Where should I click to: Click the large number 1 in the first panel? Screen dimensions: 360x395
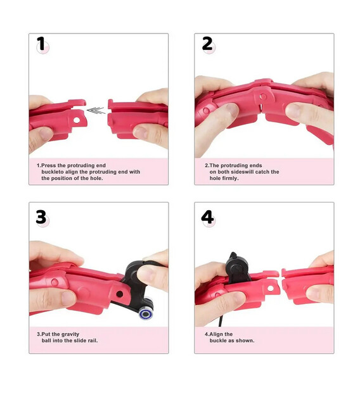click(x=41, y=44)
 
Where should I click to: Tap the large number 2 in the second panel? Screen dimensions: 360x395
click(x=207, y=44)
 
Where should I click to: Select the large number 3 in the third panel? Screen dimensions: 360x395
click(x=41, y=217)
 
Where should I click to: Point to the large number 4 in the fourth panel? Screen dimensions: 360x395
click(x=208, y=217)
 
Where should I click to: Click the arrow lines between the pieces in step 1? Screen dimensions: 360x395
click(x=96, y=110)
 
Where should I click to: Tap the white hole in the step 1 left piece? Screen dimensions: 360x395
click(x=77, y=120)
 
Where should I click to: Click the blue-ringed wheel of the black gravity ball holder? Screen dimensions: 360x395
click(x=146, y=313)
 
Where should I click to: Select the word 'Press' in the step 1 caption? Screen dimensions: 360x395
click(x=48, y=165)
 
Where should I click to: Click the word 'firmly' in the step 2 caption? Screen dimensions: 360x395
click(x=223, y=178)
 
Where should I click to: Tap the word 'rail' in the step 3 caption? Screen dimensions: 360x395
click(x=92, y=341)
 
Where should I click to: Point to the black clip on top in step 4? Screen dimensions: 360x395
click(x=238, y=269)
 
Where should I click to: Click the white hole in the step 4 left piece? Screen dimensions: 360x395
click(x=271, y=288)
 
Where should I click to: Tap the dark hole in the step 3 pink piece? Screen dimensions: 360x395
click(x=119, y=294)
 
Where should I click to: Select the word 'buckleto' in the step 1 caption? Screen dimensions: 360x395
click(x=53, y=172)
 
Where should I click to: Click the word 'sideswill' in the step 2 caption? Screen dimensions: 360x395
click(x=243, y=172)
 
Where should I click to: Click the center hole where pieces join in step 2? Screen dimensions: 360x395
click(x=263, y=96)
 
